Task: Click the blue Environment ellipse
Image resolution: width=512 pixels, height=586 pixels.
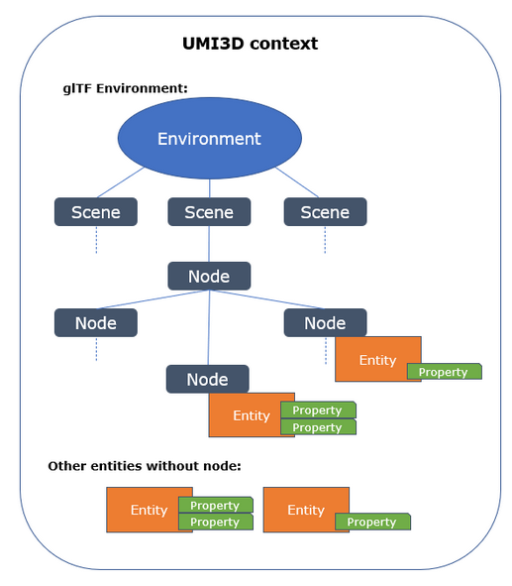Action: (209, 138)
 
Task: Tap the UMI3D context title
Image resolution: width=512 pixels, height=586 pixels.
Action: (250, 44)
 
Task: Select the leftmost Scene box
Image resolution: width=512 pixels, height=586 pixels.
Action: (96, 212)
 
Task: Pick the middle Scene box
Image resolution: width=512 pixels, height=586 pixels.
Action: (209, 212)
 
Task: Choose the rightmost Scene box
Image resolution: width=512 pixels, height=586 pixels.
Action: (325, 212)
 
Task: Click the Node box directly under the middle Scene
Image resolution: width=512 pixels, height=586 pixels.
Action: (209, 277)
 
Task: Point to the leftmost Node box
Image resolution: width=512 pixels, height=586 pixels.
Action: (96, 323)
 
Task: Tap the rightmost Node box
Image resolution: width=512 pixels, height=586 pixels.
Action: (325, 323)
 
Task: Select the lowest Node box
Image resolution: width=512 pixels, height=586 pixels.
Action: (208, 379)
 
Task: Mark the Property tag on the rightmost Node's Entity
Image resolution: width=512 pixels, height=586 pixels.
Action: (444, 372)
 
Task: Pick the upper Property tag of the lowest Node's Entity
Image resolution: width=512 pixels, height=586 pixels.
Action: (318, 410)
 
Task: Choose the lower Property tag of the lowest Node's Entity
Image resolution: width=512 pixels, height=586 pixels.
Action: (318, 426)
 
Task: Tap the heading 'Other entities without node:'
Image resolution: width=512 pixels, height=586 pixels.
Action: (145, 466)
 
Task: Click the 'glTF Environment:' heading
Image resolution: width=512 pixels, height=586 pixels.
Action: (126, 88)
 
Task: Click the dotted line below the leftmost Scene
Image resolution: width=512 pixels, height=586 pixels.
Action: (96, 240)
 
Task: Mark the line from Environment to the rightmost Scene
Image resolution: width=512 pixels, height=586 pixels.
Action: (297, 182)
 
